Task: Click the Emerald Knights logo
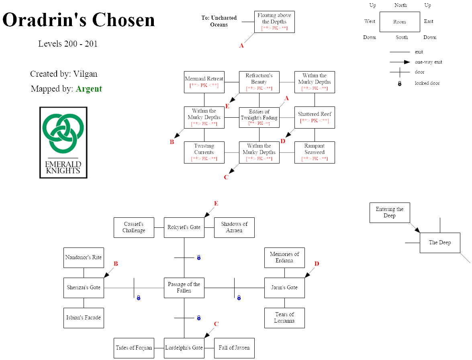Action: point(63,142)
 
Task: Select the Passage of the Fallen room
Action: point(184,288)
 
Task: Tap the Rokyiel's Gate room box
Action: point(184,227)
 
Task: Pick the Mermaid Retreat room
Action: point(204,82)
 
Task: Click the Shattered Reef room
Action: point(315,117)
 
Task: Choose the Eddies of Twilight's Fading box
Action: point(259,117)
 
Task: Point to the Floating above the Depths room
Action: point(274,22)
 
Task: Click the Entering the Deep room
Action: point(390,213)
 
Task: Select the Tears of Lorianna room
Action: point(284,318)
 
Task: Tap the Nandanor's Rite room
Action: point(84,258)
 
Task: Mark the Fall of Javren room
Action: point(234,348)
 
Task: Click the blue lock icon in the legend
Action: point(400,84)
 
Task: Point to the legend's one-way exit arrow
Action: point(400,62)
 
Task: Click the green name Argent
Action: point(89,89)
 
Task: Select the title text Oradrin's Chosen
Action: point(79,20)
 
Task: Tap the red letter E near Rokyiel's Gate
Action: point(216,204)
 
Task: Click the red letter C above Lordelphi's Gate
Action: point(216,324)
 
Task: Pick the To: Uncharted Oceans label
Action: point(219,21)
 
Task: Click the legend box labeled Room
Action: point(399,22)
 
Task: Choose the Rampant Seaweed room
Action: point(315,152)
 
